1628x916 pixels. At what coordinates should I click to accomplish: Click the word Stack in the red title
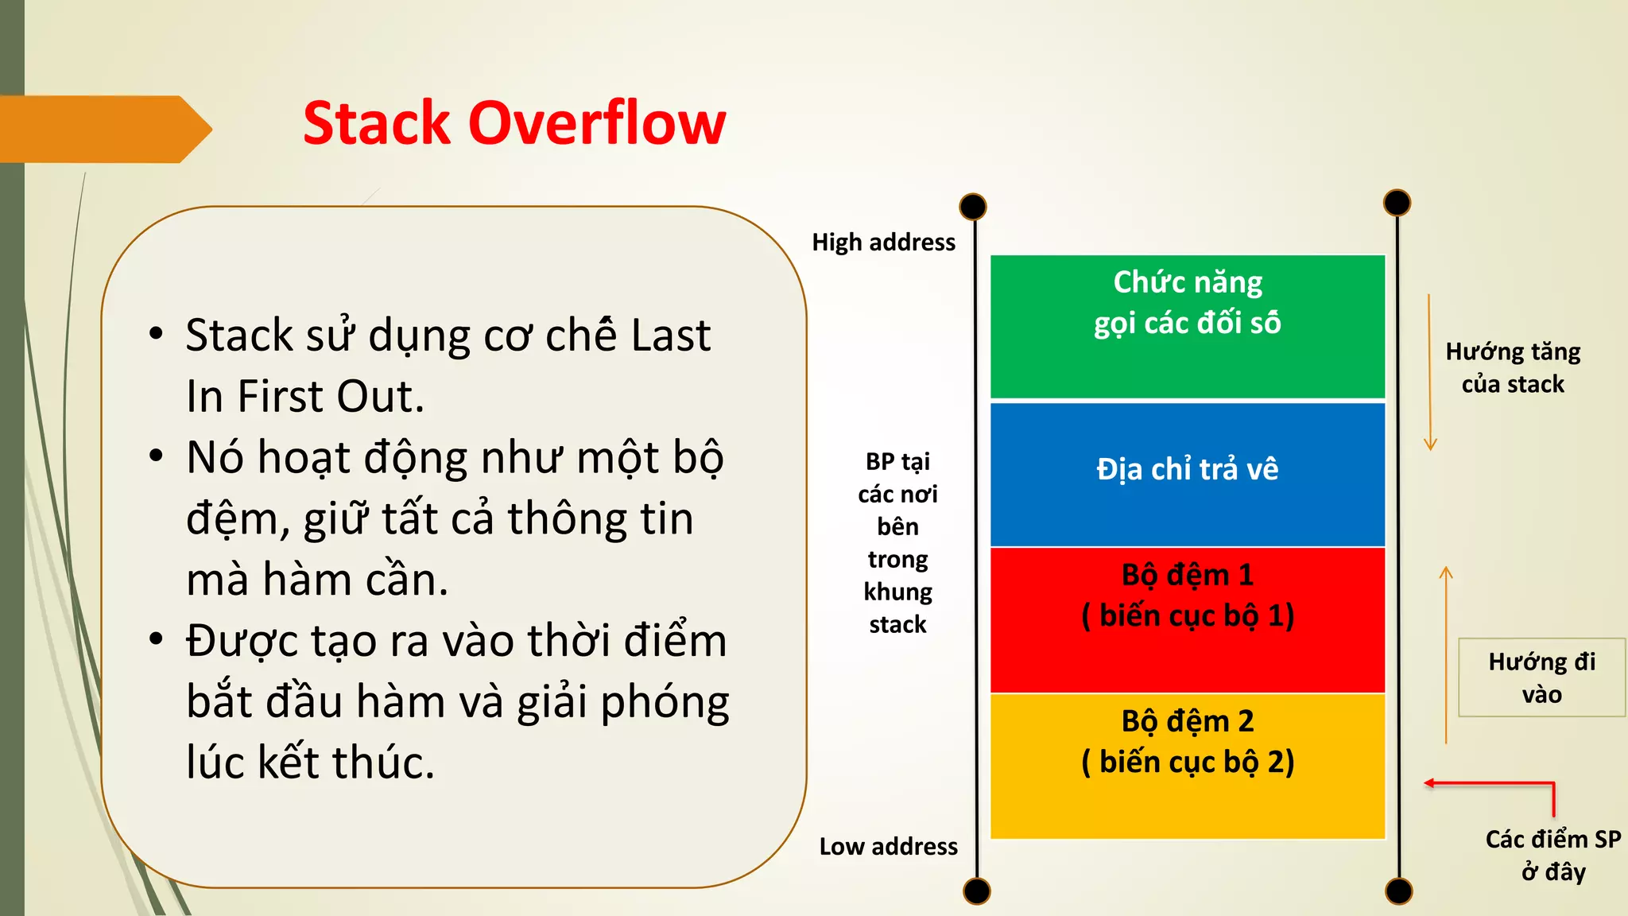pyautogui.click(x=377, y=124)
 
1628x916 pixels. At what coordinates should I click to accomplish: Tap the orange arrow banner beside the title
pyautogui.click(x=103, y=129)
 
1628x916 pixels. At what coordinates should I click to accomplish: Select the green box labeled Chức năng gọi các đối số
pyautogui.click(x=1187, y=327)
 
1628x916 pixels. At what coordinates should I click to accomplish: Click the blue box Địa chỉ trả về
pyautogui.click(x=1187, y=474)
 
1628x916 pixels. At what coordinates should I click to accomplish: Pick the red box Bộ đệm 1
pyautogui.click(x=1187, y=620)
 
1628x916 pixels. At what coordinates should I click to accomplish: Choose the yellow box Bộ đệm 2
pyautogui.click(x=1187, y=766)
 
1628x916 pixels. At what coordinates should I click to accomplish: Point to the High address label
pyautogui.click(x=883, y=243)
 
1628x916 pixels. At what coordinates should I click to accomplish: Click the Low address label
pyautogui.click(x=888, y=847)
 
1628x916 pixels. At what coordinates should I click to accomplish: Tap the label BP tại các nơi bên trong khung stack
pyautogui.click(x=897, y=543)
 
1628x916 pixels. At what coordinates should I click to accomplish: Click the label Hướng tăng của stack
pyautogui.click(x=1512, y=368)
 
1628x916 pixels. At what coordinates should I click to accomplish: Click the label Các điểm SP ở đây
pyautogui.click(x=1552, y=856)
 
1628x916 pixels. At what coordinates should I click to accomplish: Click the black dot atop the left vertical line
pyautogui.click(x=973, y=207)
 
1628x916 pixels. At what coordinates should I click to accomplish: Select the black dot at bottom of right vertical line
pyautogui.click(x=1398, y=891)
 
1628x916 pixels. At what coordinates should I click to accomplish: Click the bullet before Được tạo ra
pyautogui.click(x=157, y=638)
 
